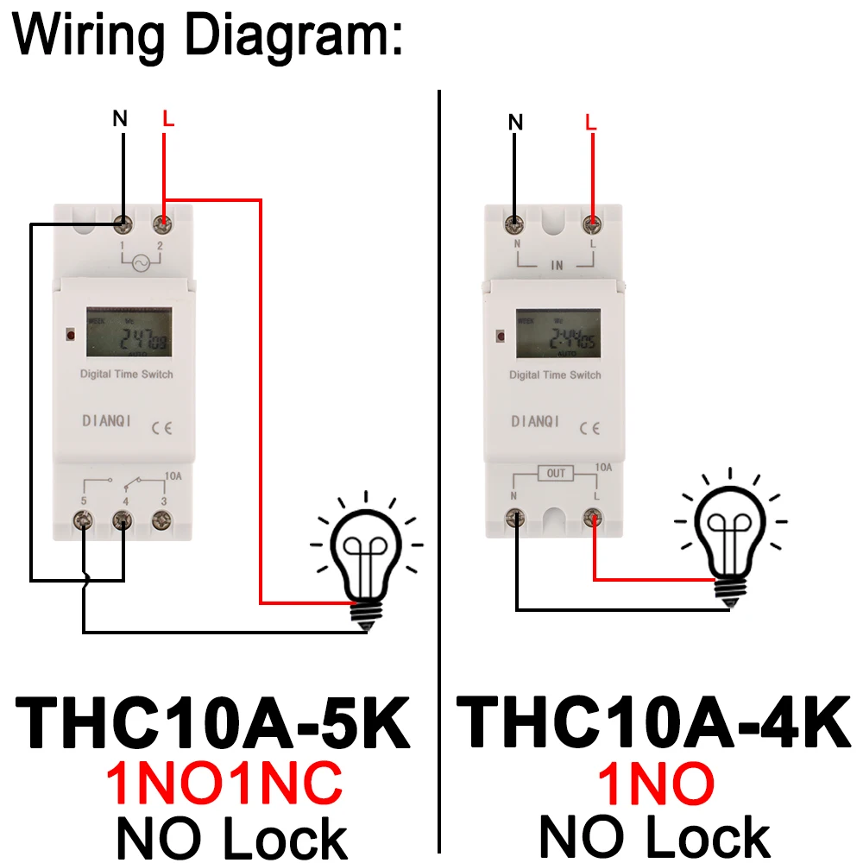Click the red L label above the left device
168,119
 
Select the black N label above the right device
515,122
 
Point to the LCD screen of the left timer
128,334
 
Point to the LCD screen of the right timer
557,334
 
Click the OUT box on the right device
556,473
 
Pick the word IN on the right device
557,266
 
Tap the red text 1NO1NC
224,784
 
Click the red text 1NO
656,784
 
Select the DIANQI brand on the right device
535,422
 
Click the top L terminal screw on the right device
593,224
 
